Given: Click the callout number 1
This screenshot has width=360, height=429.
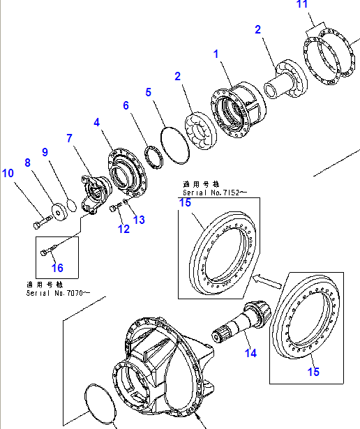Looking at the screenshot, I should click(x=216, y=54).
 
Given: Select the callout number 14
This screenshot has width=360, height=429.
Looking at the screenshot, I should click(x=250, y=353).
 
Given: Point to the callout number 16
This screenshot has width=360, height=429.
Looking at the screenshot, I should click(x=57, y=268).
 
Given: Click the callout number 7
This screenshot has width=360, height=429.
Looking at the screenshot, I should click(x=70, y=139).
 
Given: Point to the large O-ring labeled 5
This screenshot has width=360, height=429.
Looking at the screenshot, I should click(x=174, y=146).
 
